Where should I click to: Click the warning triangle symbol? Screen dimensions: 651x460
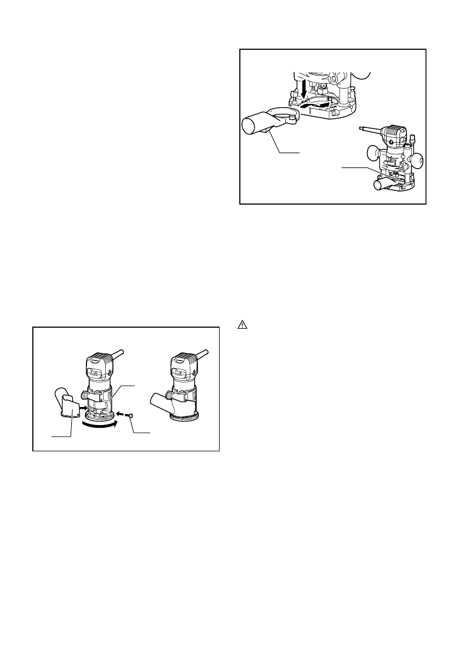242,324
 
